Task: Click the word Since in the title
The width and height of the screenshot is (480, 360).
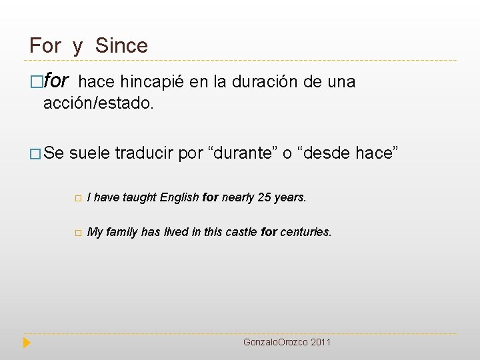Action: tap(121, 46)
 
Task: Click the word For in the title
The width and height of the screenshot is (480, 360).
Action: tap(45, 46)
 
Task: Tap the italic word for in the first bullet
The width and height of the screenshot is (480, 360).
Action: tap(56, 81)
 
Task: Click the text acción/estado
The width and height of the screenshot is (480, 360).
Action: tap(98, 103)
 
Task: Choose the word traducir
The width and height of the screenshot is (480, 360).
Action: tap(144, 153)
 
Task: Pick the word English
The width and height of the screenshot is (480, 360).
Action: tap(179, 197)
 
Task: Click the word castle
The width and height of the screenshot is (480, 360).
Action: tap(241, 232)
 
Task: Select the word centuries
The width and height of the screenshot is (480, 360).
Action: tap(305, 232)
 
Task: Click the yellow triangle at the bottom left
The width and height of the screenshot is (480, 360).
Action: tap(27, 343)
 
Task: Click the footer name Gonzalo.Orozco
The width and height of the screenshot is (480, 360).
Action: tap(273, 342)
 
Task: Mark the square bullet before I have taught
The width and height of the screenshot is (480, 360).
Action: tap(77, 198)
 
